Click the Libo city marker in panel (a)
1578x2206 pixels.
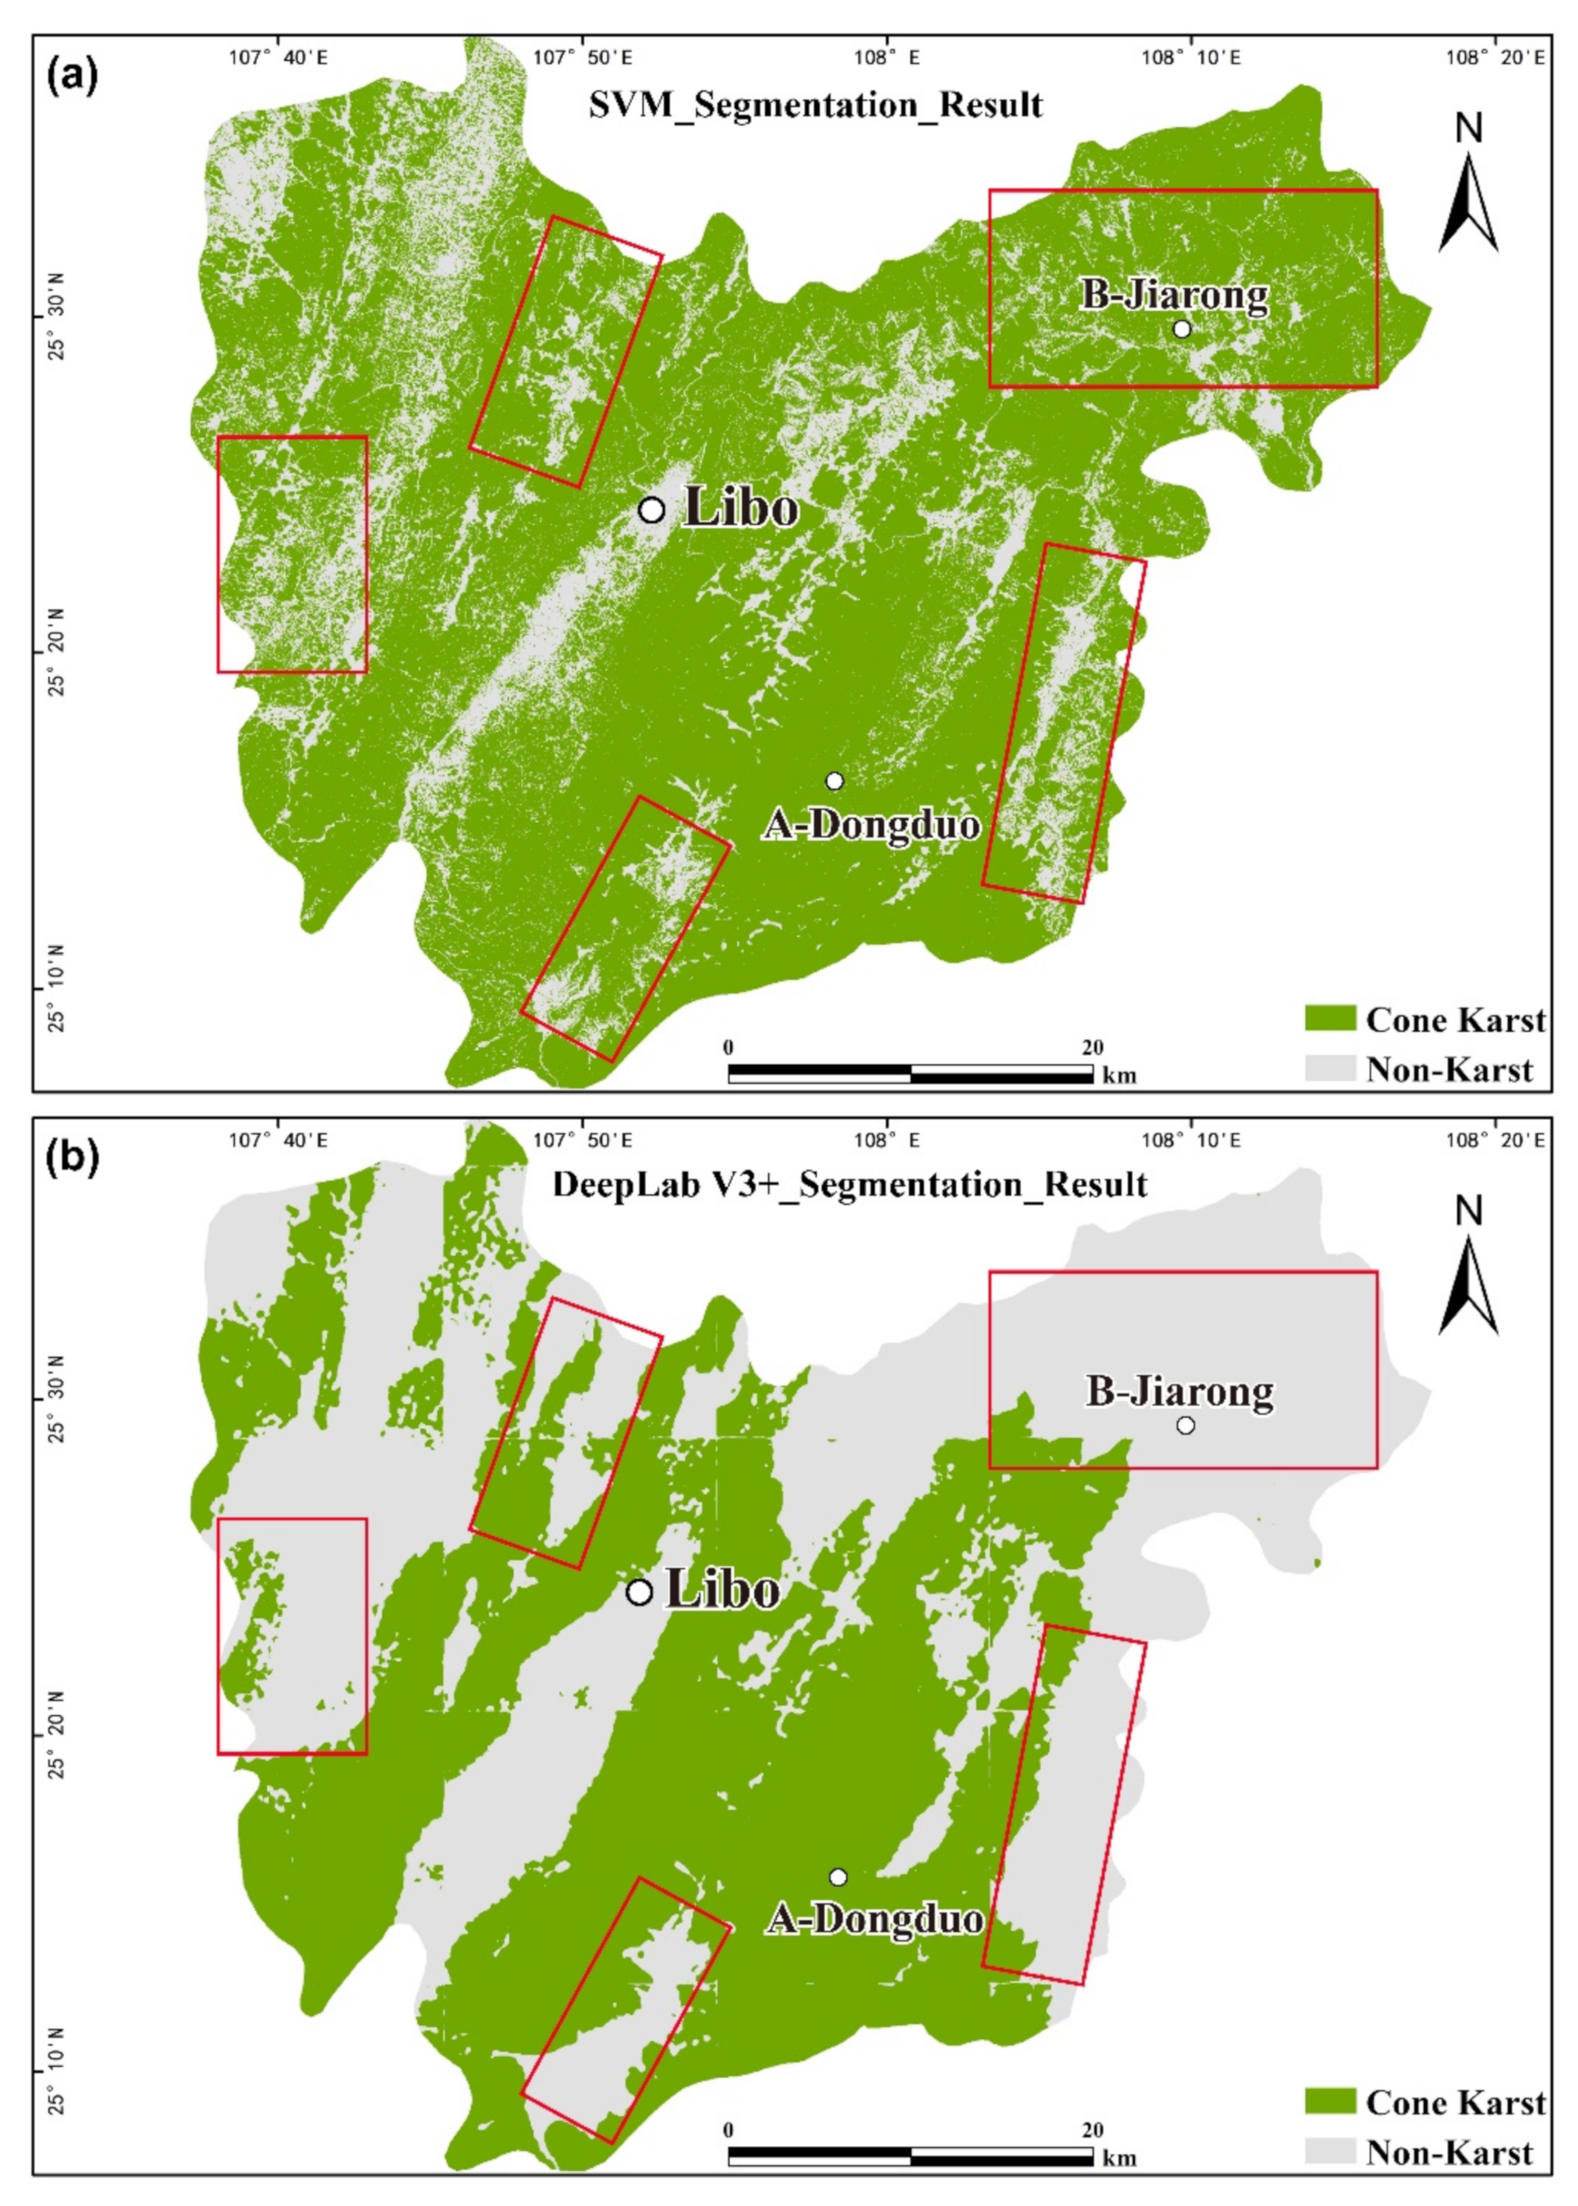(651, 509)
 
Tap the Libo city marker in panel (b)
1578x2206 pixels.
(639, 1592)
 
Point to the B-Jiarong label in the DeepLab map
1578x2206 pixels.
(1179, 1392)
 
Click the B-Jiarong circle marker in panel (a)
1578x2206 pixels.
(1181, 328)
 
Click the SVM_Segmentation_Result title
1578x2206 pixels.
(815, 105)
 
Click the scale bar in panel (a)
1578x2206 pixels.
(910, 1074)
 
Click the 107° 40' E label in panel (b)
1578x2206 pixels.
(279, 1139)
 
